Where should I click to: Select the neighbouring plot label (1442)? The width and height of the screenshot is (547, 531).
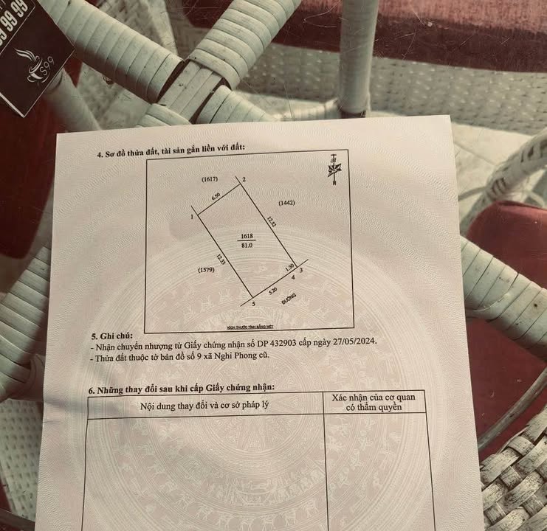pos(289,202)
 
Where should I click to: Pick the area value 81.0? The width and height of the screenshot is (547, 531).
pos(247,246)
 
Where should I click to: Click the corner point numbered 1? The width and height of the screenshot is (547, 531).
pos(192,217)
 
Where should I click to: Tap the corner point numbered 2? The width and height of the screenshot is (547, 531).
pos(244,179)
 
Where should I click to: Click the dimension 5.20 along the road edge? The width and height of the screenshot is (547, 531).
pos(272,291)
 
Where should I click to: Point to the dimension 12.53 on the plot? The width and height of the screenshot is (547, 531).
pos(272,221)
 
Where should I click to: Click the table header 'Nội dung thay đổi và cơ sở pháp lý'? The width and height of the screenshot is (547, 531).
pos(204,405)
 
